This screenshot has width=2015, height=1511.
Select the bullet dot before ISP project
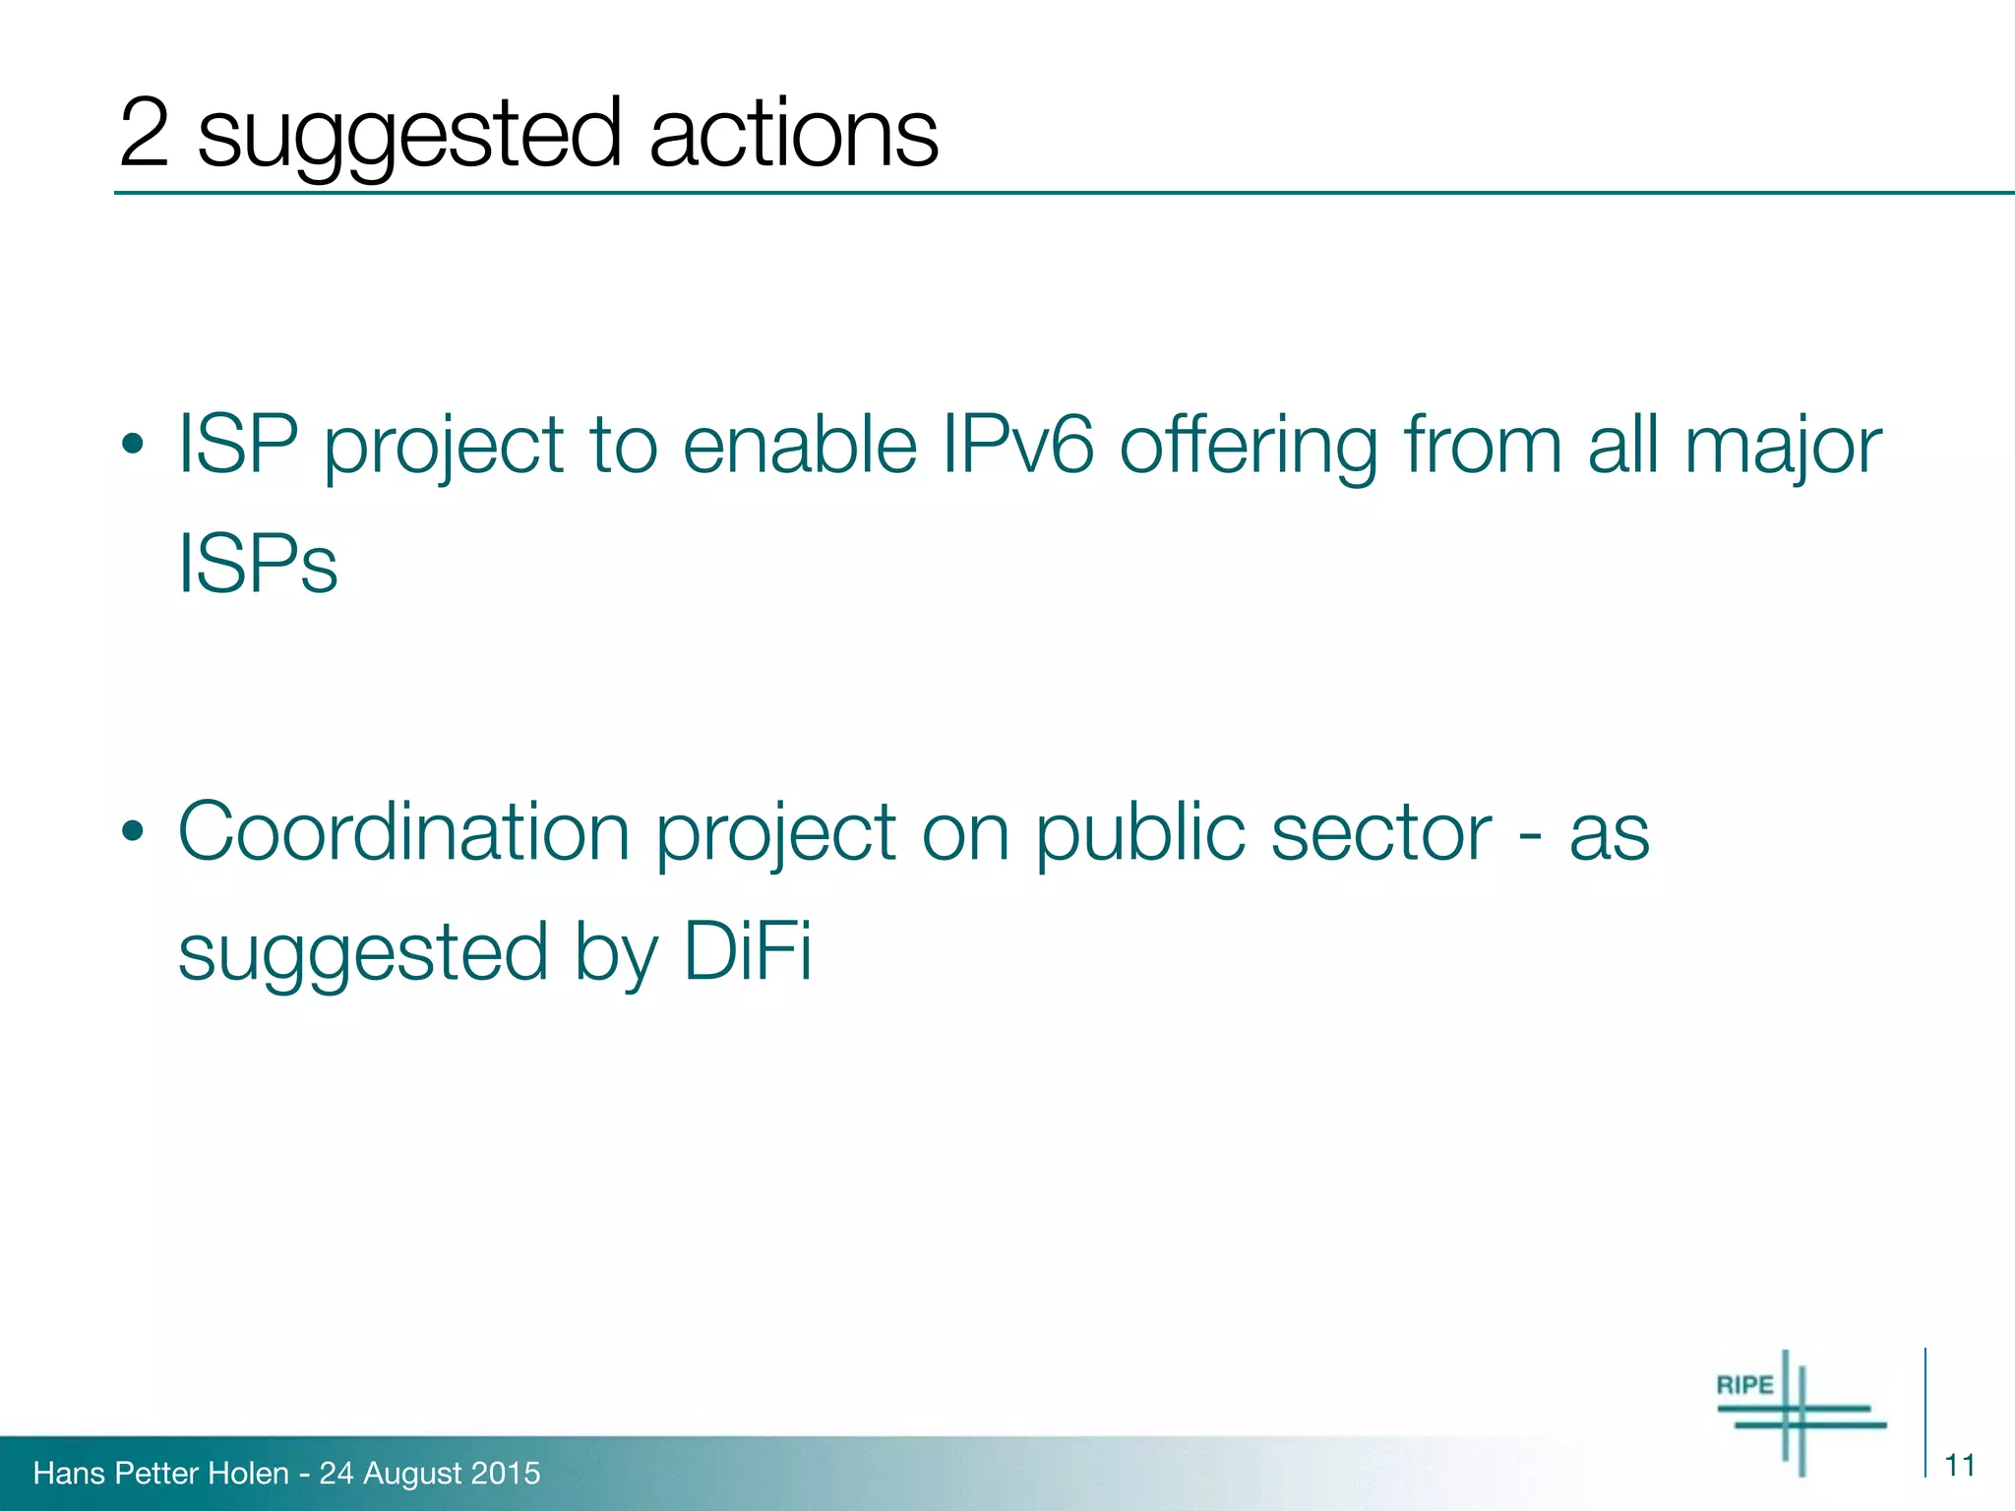[x=133, y=446]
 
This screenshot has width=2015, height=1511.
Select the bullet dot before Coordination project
[x=133, y=833]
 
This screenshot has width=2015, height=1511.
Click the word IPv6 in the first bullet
[x=1016, y=445]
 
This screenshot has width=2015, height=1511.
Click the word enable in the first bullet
[x=799, y=445]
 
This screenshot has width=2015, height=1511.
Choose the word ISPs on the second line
[x=258, y=564]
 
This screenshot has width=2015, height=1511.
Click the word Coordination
[x=403, y=832]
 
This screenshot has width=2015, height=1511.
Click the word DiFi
[x=748, y=951]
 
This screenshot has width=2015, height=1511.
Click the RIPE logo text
[x=1744, y=1385]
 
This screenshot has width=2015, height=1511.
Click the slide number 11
[x=1960, y=1466]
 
